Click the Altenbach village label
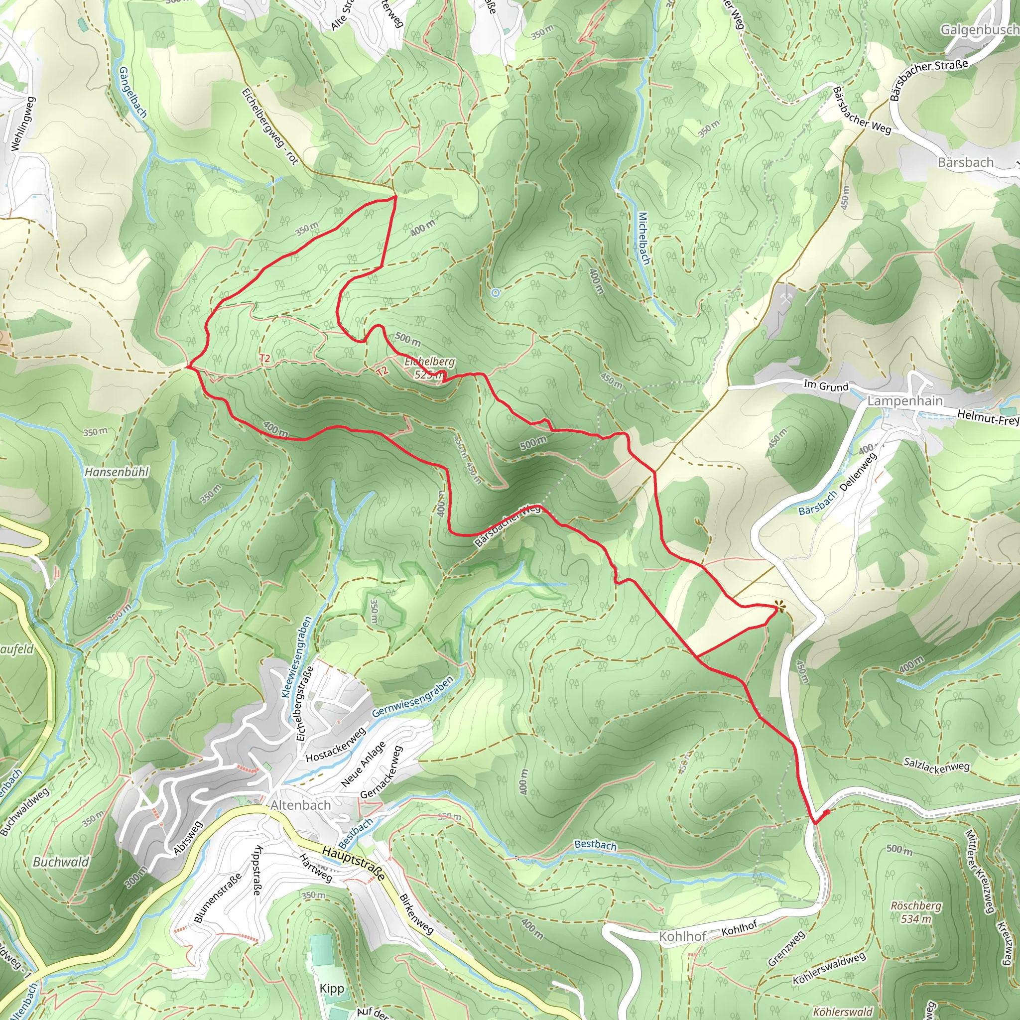300,805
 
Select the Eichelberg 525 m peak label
429,368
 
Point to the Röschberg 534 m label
916,912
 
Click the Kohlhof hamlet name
682,937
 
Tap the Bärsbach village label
966,162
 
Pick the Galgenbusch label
979,30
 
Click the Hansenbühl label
117,472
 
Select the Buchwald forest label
61,862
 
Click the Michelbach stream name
644,238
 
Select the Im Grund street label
826,386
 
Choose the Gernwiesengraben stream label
412,697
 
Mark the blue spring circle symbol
495,292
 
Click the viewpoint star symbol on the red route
779,608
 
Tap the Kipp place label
332,988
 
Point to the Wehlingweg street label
23,124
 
